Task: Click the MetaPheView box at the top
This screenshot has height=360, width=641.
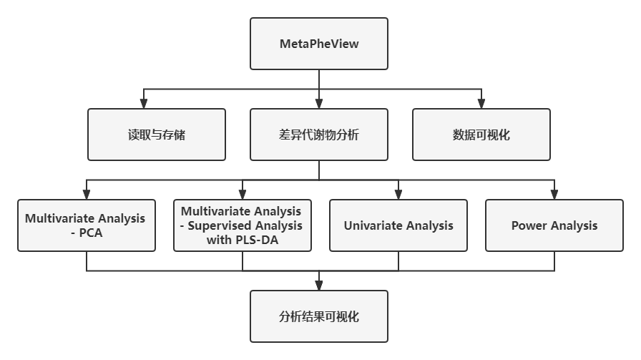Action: (x=319, y=44)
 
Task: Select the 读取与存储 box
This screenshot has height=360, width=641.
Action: (x=157, y=135)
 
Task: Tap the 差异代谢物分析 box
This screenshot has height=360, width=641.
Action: (x=319, y=135)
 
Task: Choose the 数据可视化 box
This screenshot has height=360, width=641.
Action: (x=481, y=135)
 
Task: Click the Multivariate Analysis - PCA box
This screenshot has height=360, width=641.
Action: (x=87, y=225)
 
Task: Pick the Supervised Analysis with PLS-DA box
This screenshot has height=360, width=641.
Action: (x=243, y=225)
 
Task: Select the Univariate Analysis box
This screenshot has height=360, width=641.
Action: (x=398, y=225)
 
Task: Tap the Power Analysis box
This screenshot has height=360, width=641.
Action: (x=554, y=225)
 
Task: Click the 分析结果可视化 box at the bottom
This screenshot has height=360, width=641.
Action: (x=319, y=316)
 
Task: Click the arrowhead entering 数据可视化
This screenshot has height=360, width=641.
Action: (x=481, y=104)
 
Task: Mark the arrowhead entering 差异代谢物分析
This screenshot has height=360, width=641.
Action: (x=319, y=104)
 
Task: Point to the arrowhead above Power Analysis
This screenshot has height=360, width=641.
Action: (x=554, y=195)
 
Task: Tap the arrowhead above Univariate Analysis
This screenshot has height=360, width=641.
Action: (x=398, y=195)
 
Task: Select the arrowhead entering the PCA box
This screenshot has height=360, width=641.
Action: (x=87, y=195)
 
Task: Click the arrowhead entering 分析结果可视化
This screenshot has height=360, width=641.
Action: (x=319, y=286)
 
